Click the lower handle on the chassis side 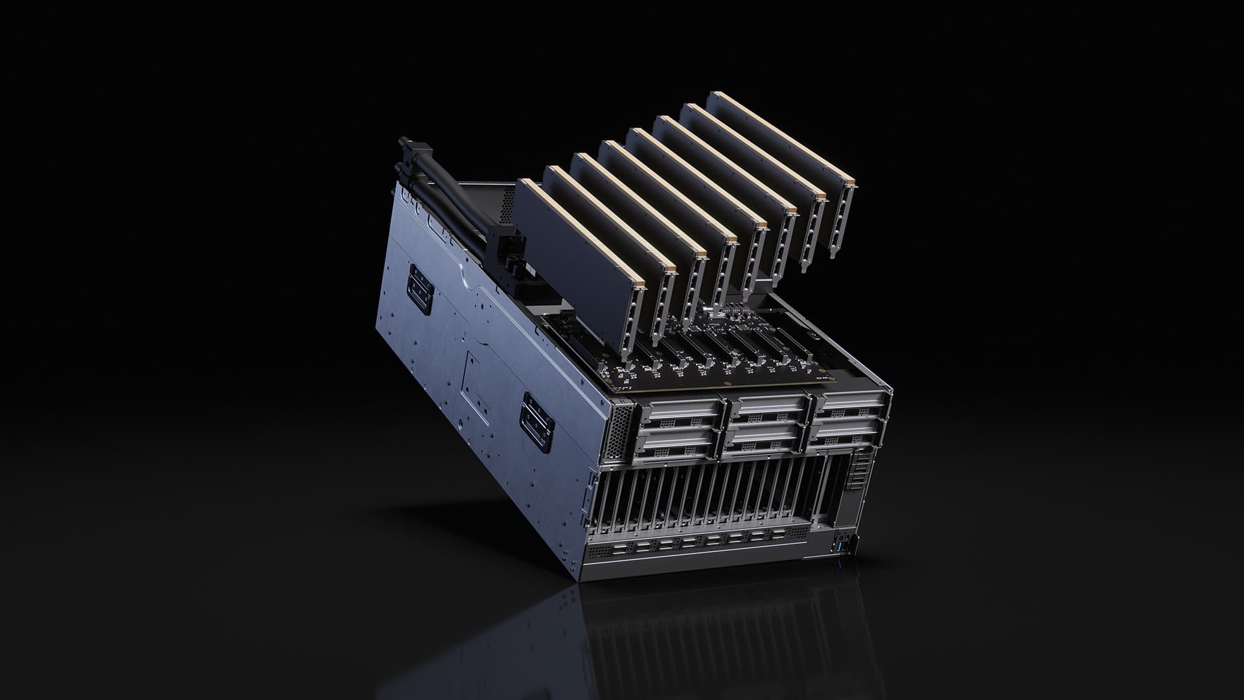pyautogui.click(x=538, y=421)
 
